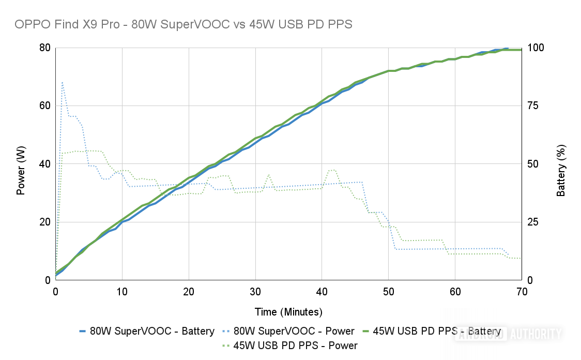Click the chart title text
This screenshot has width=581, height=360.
pyautogui.click(x=184, y=24)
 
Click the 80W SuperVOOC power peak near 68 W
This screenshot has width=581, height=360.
pyautogui.click(x=63, y=82)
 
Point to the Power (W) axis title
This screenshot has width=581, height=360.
pyautogui.click(x=21, y=164)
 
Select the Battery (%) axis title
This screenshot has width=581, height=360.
pyautogui.click(x=561, y=164)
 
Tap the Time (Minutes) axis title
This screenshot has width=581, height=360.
pyautogui.click(x=288, y=312)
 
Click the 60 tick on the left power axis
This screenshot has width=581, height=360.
pyautogui.click(x=45, y=106)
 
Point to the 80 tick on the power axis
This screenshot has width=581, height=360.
pyautogui.click(x=45, y=48)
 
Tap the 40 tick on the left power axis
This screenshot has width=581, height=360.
pyautogui.click(x=45, y=164)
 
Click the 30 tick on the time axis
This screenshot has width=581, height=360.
pyautogui.click(x=255, y=291)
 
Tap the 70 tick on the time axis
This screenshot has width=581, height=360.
pyautogui.click(x=522, y=291)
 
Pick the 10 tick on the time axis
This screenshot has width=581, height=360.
pyautogui.click(x=122, y=291)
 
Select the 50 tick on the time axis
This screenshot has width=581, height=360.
pyautogui.click(x=389, y=291)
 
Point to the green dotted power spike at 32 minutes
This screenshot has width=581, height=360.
pyautogui.click(x=269, y=175)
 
